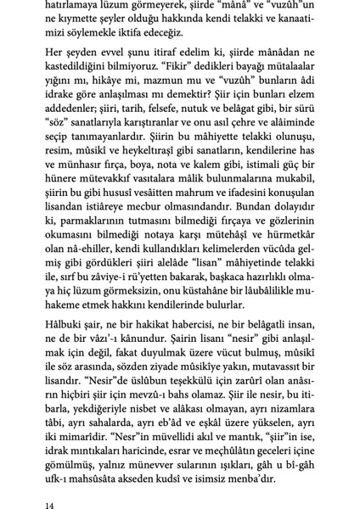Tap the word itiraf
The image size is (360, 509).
(x=183, y=57)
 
